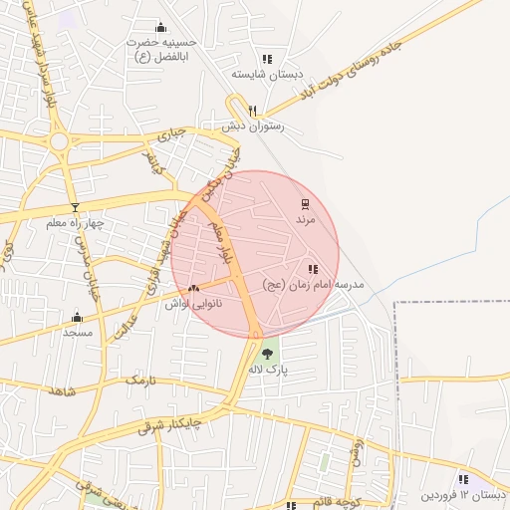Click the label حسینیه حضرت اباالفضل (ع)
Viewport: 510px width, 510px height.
(161, 50)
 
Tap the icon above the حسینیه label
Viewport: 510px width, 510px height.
(161, 27)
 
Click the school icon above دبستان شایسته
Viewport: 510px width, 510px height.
(266, 59)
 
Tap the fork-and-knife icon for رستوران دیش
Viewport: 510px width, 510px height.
(253, 111)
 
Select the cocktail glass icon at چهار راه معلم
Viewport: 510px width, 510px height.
(74, 206)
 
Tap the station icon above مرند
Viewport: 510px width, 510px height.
(305, 205)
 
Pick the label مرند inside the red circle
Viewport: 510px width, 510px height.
(305, 220)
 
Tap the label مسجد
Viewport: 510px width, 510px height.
(77, 332)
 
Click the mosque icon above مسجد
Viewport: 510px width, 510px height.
(77, 318)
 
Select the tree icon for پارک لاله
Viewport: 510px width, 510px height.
(266, 352)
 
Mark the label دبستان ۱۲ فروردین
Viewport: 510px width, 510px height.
(462, 494)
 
